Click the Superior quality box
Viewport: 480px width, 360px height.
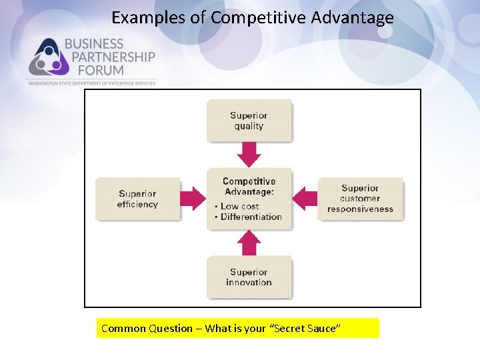[x=249, y=121]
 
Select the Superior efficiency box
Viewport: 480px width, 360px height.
[x=138, y=199]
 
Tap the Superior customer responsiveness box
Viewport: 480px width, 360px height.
[x=360, y=198]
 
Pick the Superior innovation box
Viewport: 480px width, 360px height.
[x=249, y=277]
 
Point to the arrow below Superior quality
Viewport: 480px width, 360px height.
[x=249, y=155]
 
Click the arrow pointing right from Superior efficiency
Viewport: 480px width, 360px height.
[x=194, y=199]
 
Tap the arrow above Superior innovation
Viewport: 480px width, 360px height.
[x=249, y=243]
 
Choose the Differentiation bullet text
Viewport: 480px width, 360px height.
[x=251, y=217]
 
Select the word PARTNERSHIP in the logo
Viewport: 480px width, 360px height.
[x=109, y=57]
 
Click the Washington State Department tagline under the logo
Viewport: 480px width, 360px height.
[x=91, y=83]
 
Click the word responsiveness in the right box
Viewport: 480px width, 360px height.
[x=360, y=209]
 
